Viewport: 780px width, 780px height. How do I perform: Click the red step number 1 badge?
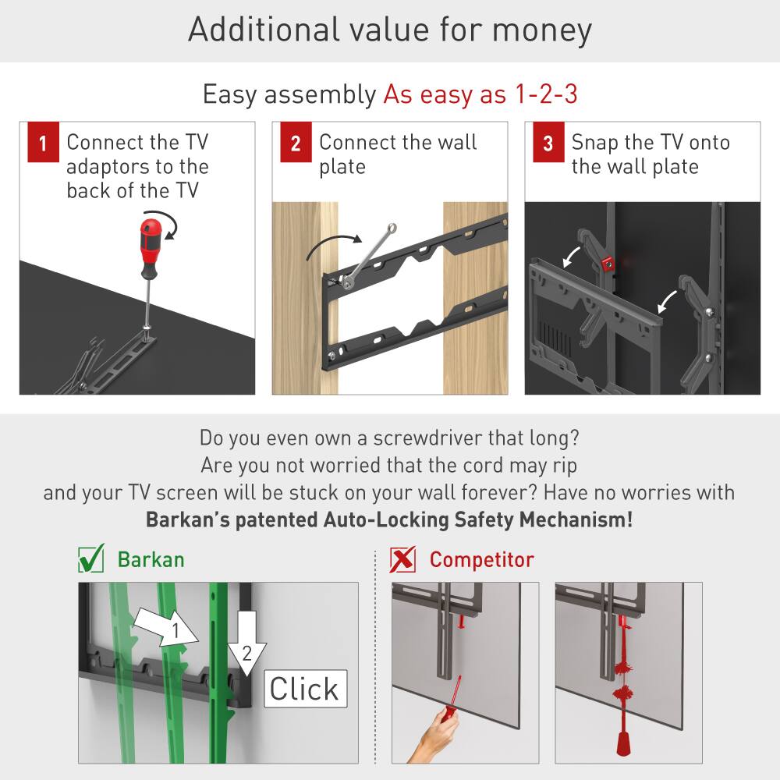point(43,144)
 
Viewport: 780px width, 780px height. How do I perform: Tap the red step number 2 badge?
point(296,144)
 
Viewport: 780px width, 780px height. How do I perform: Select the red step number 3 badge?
point(548,144)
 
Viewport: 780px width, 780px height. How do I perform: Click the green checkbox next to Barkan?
point(91,558)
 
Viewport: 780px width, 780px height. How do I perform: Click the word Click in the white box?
point(304,688)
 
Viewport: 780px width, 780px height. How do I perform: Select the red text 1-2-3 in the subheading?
point(545,94)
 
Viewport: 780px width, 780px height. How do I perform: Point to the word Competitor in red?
point(481,559)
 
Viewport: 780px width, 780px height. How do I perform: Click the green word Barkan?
point(151,559)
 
